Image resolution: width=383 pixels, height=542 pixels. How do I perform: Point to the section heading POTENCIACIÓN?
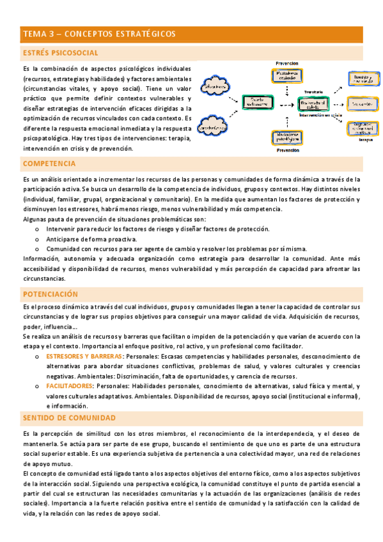50,294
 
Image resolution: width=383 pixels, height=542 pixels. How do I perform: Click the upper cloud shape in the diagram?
217,84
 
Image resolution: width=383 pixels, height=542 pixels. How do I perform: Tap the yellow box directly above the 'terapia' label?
362,127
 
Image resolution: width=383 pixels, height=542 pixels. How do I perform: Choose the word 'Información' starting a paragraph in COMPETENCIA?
40,259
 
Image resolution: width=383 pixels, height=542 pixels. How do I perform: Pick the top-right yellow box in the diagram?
362,78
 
